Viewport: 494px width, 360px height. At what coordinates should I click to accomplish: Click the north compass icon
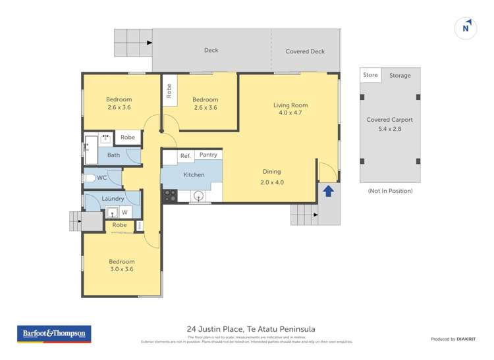[x=466, y=28]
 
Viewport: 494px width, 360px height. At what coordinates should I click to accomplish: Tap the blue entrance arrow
[x=328, y=191]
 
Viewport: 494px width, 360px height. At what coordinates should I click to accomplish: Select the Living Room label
[x=290, y=105]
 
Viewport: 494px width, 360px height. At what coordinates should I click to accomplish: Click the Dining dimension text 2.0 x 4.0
[x=271, y=182]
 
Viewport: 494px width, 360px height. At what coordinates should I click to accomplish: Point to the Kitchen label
[x=194, y=174]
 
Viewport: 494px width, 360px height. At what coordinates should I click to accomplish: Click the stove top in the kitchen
[x=169, y=195]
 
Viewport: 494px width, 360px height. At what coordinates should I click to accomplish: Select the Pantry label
[x=208, y=155]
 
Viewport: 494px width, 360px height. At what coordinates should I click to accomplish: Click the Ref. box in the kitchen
[x=185, y=156]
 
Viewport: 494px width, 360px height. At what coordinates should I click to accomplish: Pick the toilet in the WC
[x=90, y=178]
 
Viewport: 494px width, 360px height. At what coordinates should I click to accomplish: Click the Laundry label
[x=113, y=199]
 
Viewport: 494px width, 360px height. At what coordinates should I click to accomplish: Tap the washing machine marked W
[x=124, y=212]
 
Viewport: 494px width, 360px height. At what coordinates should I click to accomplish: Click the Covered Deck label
[x=305, y=51]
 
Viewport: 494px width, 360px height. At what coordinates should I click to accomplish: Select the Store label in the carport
[x=370, y=75]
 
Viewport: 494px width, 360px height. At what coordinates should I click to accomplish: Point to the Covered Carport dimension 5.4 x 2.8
[x=389, y=130]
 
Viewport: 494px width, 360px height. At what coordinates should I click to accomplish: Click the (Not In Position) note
[x=390, y=191]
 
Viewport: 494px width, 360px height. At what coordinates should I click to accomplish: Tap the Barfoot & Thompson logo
[x=55, y=334]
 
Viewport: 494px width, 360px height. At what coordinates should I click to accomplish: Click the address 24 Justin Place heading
[x=247, y=329]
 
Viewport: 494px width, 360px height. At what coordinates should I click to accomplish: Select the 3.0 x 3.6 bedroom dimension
[x=121, y=269]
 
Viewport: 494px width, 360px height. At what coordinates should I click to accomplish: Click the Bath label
[x=114, y=155]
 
